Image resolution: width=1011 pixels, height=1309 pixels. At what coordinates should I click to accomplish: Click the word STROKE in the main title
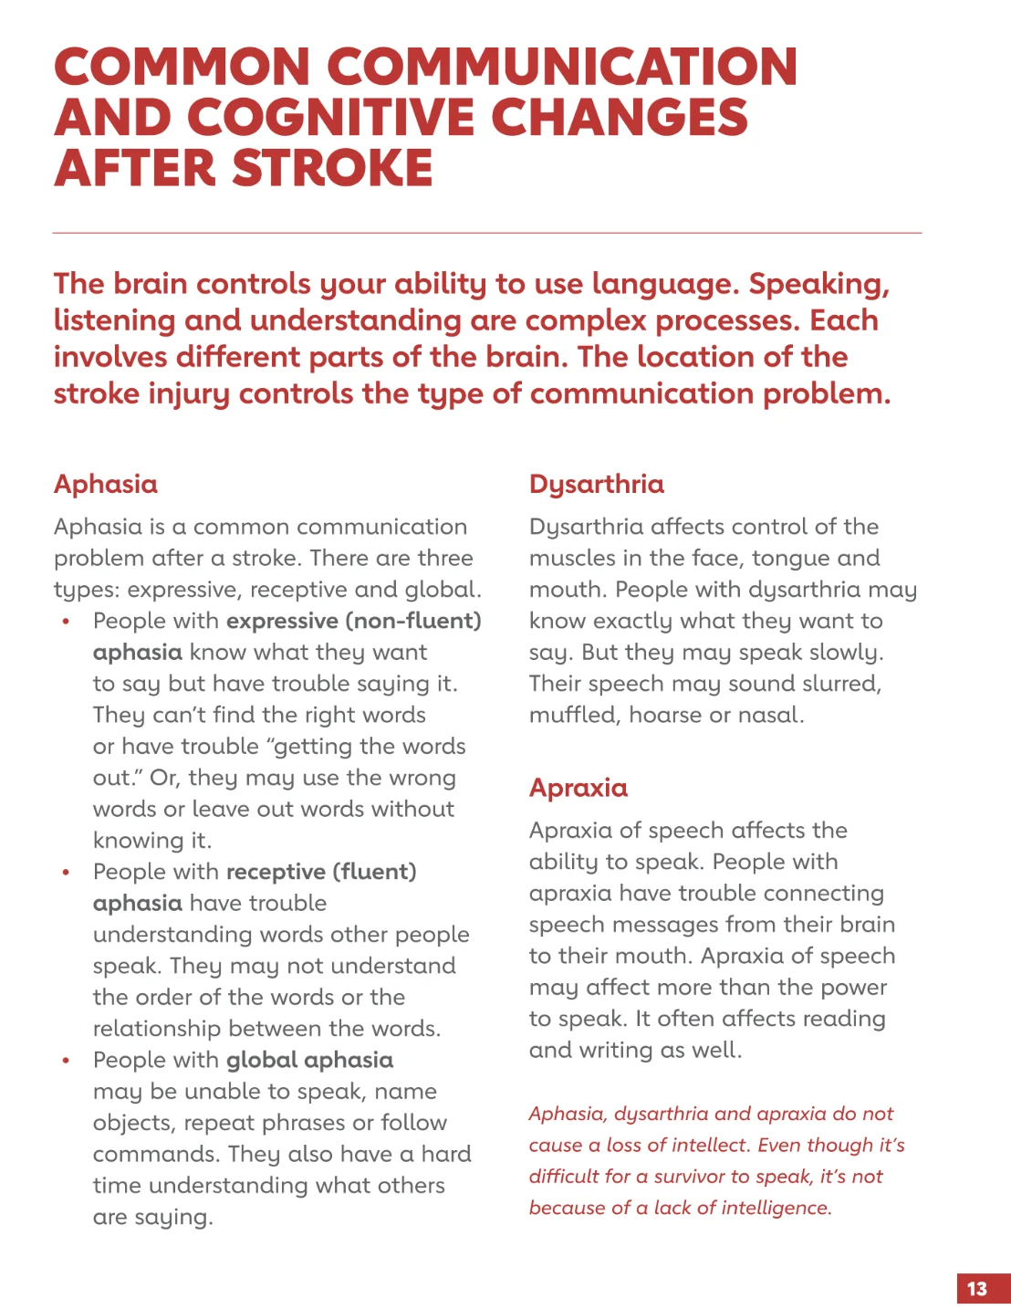[x=332, y=169]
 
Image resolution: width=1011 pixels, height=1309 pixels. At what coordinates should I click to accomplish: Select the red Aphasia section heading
[x=106, y=484]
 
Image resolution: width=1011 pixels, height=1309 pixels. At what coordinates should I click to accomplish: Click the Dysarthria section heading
[x=597, y=484]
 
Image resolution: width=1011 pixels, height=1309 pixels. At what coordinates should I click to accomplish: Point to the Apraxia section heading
[x=578, y=788]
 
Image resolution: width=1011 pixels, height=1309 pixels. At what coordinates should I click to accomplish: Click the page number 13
[x=977, y=1289]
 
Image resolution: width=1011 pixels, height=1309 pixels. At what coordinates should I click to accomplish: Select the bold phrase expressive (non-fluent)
[x=354, y=621]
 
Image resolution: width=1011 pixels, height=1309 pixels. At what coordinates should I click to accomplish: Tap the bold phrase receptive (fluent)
[x=321, y=872]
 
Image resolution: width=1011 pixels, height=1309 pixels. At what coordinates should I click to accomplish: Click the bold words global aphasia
[x=310, y=1060]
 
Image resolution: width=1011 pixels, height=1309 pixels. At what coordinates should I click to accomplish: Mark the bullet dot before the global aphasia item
[x=66, y=1061]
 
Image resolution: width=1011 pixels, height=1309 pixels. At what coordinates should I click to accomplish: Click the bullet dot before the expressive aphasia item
[x=66, y=622]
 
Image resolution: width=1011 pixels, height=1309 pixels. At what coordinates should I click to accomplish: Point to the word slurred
[x=834, y=684]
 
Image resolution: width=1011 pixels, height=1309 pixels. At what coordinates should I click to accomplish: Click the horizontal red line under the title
[x=487, y=233]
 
